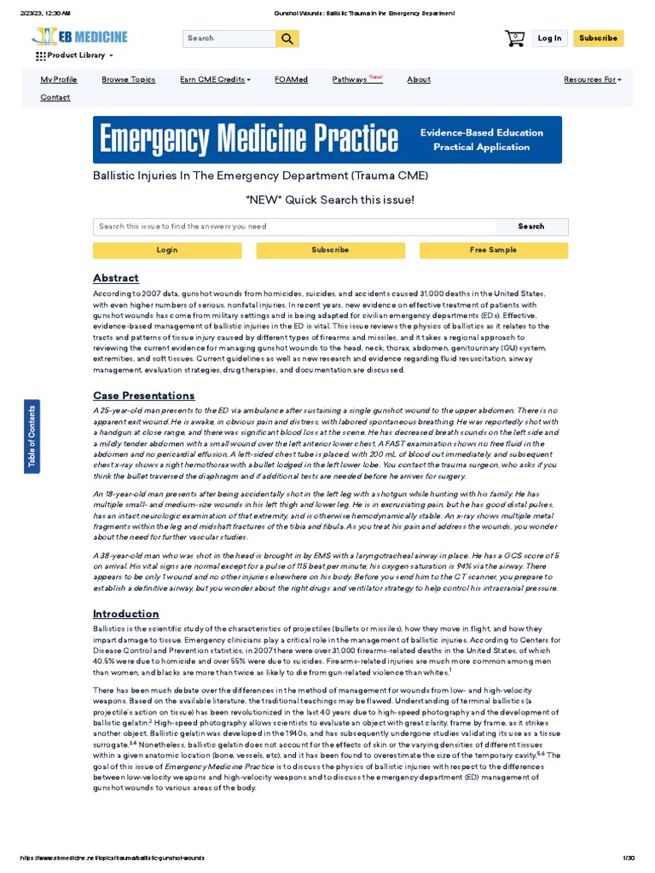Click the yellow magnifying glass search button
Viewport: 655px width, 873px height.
pyautogui.click(x=287, y=38)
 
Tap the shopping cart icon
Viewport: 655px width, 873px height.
pyautogui.click(x=514, y=38)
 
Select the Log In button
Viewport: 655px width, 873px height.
pyautogui.click(x=550, y=38)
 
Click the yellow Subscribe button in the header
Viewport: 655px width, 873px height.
pyautogui.click(x=598, y=38)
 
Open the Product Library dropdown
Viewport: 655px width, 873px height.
pyautogui.click(x=75, y=55)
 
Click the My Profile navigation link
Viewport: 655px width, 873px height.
pyautogui.click(x=59, y=79)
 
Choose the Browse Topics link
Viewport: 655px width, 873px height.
pyautogui.click(x=129, y=79)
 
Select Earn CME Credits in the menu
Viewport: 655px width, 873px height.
pyautogui.click(x=215, y=79)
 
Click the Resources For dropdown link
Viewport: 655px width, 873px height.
pyautogui.click(x=592, y=79)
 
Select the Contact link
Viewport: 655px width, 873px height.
pyautogui.click(x=55, y=97)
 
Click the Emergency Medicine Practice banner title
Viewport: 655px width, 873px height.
pyautogui.click(x=249, y=139)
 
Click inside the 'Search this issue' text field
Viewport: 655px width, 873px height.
pyautogui.click(x=294, y=227)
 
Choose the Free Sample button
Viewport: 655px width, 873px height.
pyautogui.click(x=493, y=250)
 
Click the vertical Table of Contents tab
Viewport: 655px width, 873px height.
pyautogui.click(x=32, y=434)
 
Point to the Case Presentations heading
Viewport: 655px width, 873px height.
pyautogui.click(x=143, y=396)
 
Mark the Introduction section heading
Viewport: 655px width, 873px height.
pyautogui.click(x=125, y=614)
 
